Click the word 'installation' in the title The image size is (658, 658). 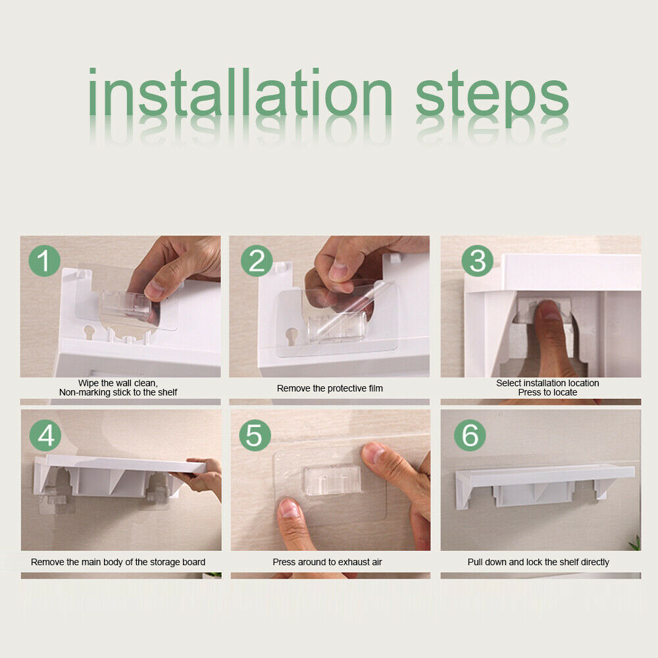240,92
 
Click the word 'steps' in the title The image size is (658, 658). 492,98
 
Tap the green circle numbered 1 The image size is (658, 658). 45,261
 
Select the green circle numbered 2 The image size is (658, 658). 257,261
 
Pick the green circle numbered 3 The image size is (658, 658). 478,261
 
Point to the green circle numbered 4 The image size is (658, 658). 45,435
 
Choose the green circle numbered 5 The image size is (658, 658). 255,435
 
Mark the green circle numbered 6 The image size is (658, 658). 470,435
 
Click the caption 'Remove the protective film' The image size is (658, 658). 330,389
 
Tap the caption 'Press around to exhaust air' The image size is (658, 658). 327,562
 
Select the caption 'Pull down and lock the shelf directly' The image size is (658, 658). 538,563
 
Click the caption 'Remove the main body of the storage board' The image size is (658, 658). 118,563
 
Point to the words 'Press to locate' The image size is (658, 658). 547,392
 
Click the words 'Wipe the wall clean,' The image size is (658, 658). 118,383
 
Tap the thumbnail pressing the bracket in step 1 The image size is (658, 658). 155,290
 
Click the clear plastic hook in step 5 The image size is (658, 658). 332,479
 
